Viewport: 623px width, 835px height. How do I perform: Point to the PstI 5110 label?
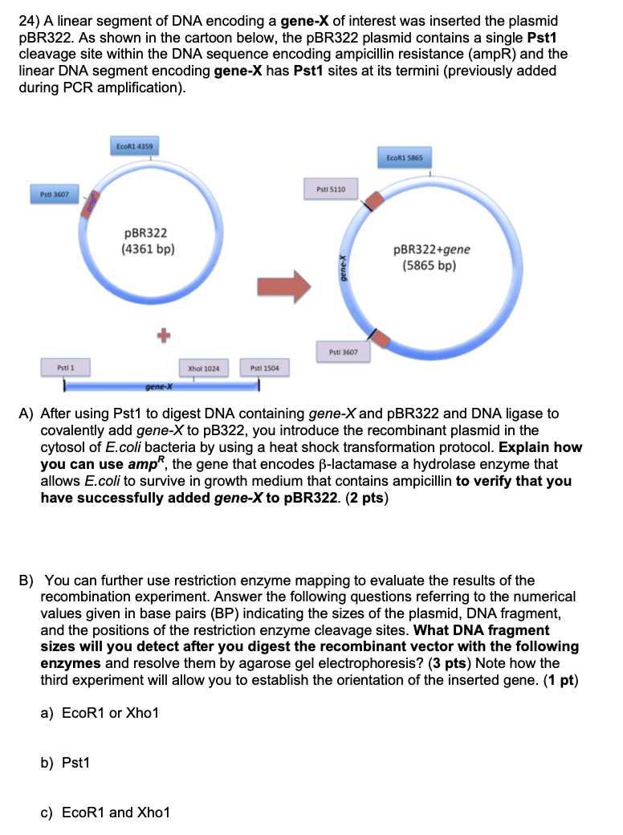[x=331, y=189]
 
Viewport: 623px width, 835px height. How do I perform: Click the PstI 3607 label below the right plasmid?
[x=343, y=352]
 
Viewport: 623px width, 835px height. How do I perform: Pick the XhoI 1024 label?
[x=203, y=369]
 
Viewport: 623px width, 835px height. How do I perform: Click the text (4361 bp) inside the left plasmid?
[x=147, y=249]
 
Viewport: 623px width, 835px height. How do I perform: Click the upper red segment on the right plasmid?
[x=373, y=199]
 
